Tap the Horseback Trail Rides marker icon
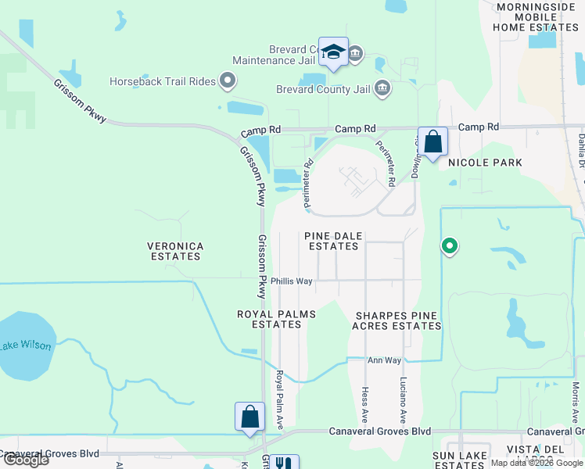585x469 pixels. point(228,80)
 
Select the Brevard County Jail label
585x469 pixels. point(323,89)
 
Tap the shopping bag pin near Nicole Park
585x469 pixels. point(432,142)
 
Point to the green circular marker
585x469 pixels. point(449,246)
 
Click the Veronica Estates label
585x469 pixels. point(175,252)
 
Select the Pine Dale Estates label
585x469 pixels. point(333,241)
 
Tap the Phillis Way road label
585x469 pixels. point(292,281)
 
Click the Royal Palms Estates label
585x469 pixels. point(276,320)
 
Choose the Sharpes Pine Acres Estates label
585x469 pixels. point(397,320)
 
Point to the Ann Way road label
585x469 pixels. point(384,360)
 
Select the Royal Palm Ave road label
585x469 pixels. point(279,399)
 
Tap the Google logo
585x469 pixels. point(25,460)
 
